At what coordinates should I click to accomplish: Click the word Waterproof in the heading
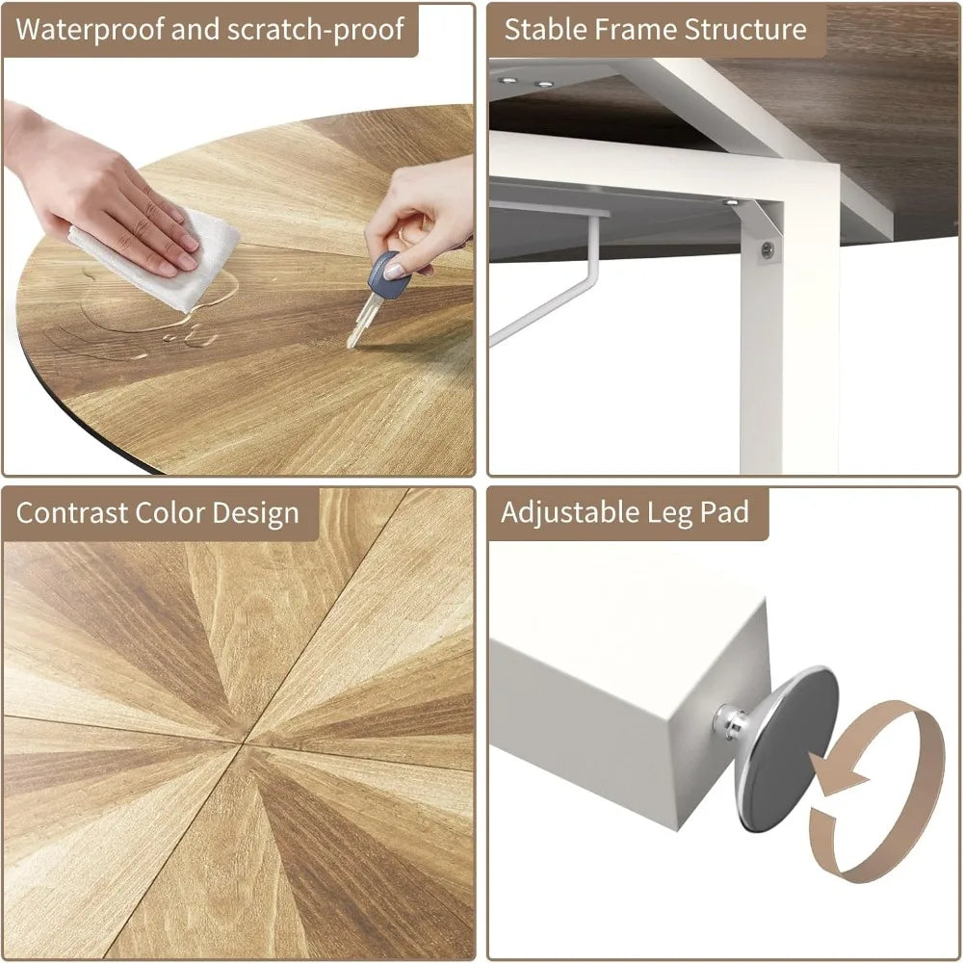click(90, 30)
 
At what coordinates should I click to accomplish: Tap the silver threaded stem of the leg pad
click(732, 720)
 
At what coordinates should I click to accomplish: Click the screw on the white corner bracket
click(768, 249)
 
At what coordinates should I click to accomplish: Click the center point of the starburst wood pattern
click(244, 744)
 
